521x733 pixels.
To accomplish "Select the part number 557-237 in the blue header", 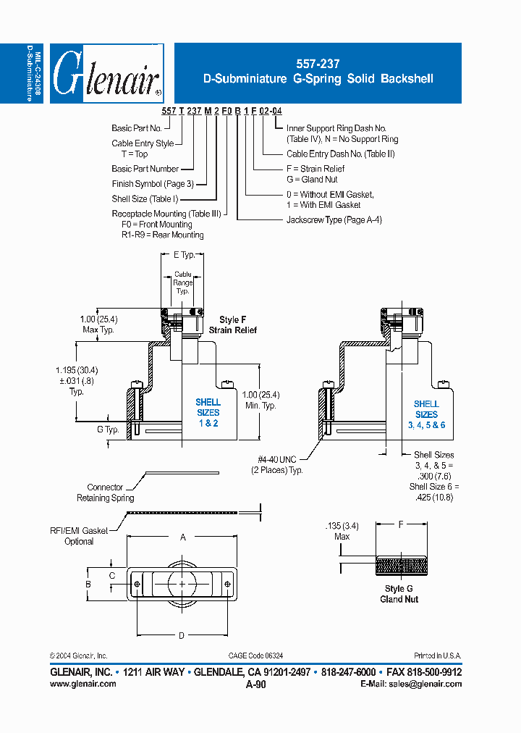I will point(318,64).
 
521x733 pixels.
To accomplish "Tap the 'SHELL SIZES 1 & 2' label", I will point(208,412).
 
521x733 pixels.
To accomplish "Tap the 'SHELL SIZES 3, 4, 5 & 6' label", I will point(426,414).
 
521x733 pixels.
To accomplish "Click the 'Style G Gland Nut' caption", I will point(399,594).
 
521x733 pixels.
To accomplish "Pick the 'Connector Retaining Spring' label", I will point(105,493).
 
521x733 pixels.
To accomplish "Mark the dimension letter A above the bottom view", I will point(183,537).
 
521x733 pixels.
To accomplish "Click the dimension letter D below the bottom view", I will point(182,635).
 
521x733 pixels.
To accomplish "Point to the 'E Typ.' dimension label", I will point(185,255).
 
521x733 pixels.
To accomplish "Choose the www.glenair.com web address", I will point(83,684).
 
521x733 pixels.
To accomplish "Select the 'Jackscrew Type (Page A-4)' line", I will point(334,219).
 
